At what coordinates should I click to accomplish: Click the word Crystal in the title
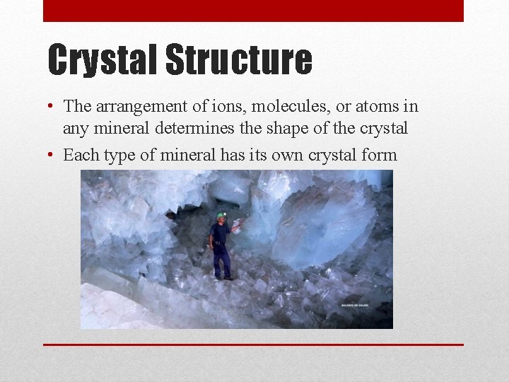click(103, 60)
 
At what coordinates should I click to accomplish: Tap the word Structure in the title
click(238, 60)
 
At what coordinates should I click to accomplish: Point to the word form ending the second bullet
click(379, 155)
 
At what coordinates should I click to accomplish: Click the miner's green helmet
click(221, 215)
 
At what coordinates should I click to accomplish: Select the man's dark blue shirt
click(220, 233)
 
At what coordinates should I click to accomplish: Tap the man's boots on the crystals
click(222, 277)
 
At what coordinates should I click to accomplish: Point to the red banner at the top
click(253, 11)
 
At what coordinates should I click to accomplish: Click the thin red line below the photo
click(253, 345)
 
